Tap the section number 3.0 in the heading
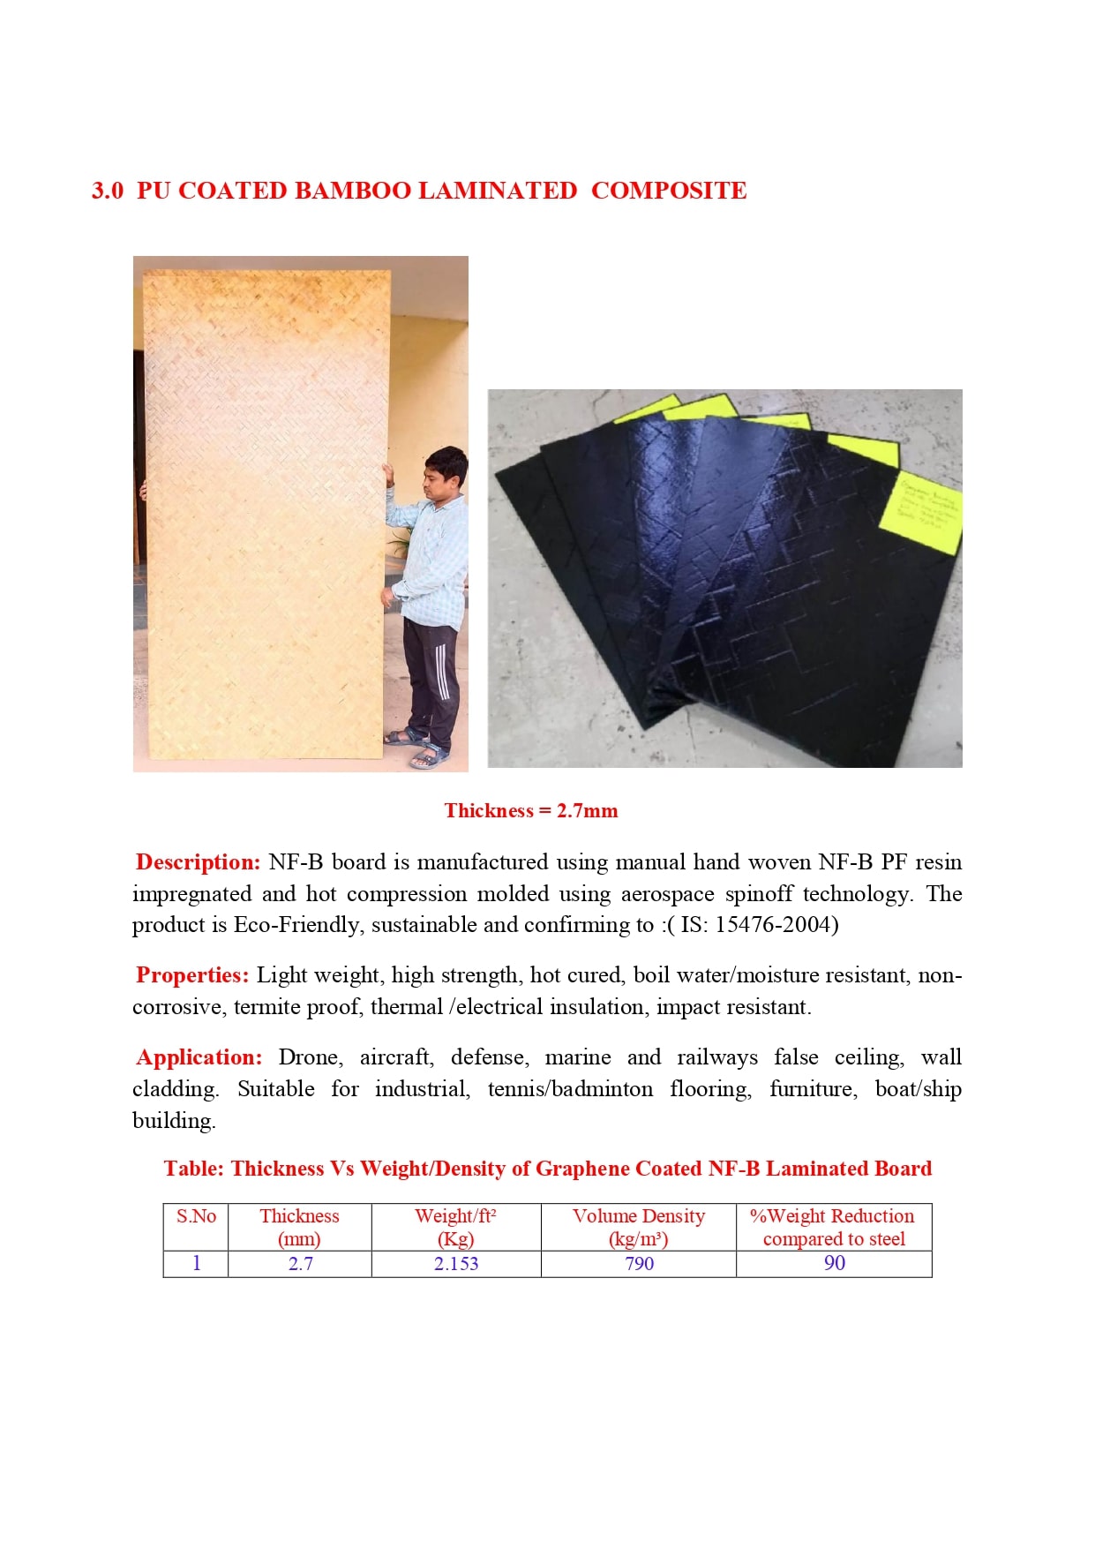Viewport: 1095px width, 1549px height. (x=107, y=191)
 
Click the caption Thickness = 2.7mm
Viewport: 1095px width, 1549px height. (x=531, y=811)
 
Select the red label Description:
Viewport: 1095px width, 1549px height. (x=198, y=862)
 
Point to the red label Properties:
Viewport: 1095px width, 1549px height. (x=192, y=975)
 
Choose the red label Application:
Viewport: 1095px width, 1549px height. (x=199, y=1057)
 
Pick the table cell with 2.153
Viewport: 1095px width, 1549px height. (x=456, y=1264)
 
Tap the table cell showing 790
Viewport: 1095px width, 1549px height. (x=639, y=1264)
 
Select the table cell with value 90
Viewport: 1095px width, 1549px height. (x=834, y=1263)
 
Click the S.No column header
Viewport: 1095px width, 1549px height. (x=196, y=1216)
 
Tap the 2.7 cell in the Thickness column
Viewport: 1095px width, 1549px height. (x=300, y=1264)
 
